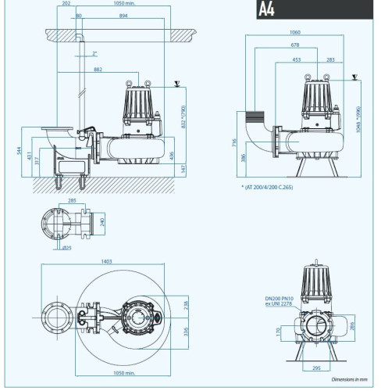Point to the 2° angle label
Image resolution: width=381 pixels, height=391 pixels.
(94, 54)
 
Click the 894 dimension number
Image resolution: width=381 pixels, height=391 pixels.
(124, 15)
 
